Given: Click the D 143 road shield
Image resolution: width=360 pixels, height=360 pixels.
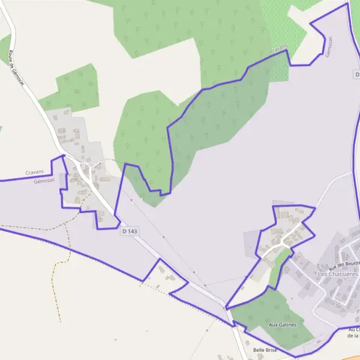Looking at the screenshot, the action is click(129, 231).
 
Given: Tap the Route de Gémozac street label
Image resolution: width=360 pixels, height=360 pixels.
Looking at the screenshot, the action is click(16, 67).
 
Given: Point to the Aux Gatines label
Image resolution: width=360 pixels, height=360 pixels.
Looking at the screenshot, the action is click(282, 325).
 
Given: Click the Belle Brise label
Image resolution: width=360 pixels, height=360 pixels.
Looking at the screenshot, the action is click(265, 350).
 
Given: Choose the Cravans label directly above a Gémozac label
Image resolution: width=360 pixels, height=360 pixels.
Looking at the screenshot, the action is click(36, 173).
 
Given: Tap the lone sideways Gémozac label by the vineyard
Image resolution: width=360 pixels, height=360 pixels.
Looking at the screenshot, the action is click(329, 47).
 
